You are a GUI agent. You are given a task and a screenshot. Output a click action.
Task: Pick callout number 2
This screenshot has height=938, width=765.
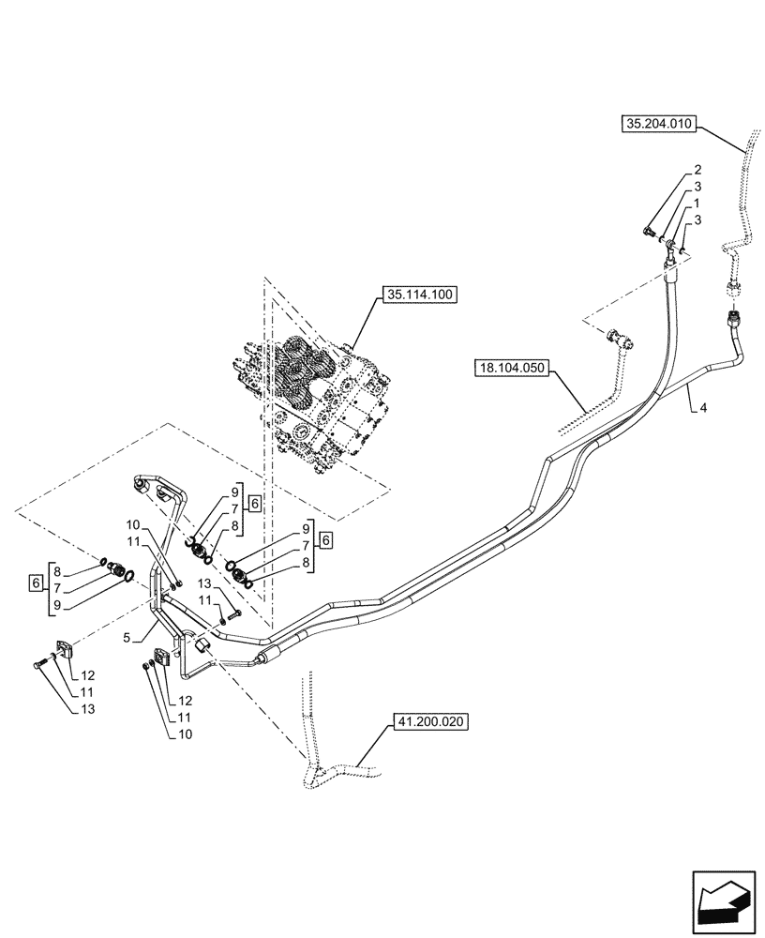coord(697,170)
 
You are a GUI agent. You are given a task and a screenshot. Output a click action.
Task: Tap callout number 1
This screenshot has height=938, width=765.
coord(697,203)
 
